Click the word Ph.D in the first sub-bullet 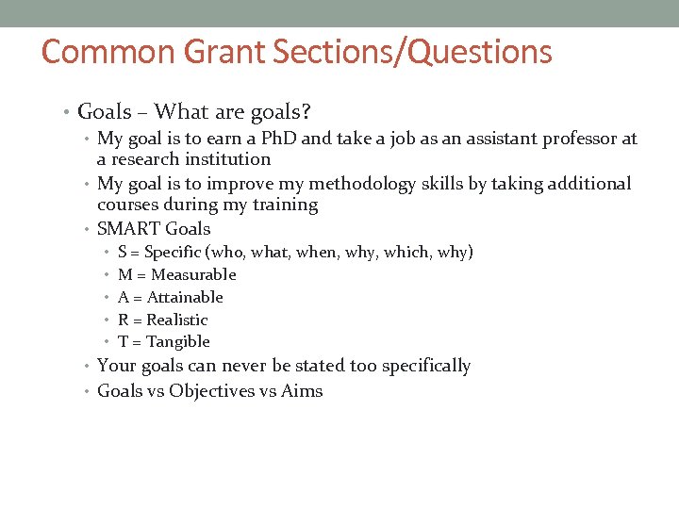point(279,139)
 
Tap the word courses point(128,205)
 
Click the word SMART point(128,229)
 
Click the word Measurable point(193,275)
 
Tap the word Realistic point(176,320)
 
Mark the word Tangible point(178,342)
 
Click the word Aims point(302,391)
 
